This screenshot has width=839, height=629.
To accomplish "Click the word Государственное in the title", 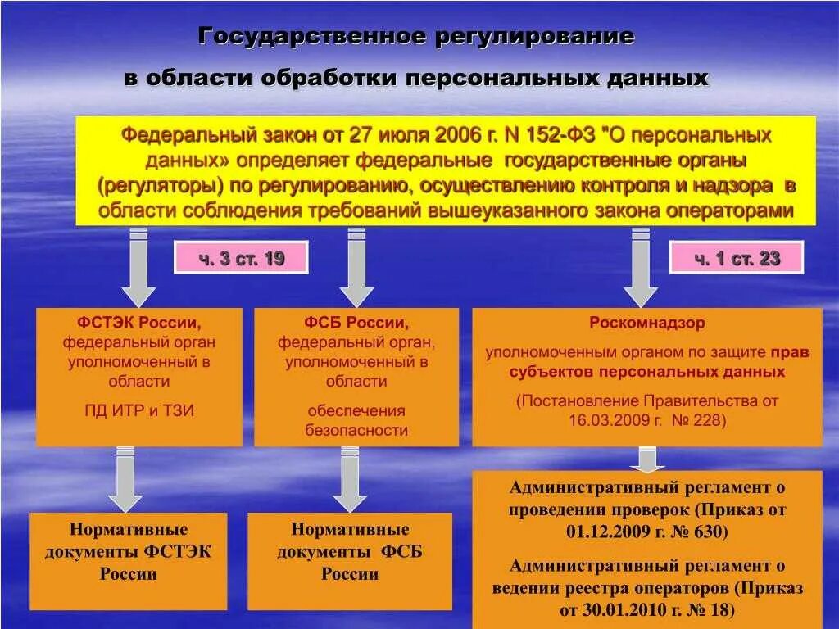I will pyautogui.click(x=311, y=37).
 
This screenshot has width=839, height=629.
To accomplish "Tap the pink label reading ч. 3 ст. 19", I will pyautogui.click(x=241, y=259).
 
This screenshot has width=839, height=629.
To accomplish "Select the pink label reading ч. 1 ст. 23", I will pyautogui.click(x=737, y=259).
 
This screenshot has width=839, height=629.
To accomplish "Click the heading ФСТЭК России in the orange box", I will pyautogui.click(x=139, y=323).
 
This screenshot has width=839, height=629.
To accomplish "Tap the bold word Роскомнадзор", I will pyautogui.click(x=646, y=323).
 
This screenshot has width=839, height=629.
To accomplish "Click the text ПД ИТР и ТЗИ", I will pyautogui.click(x=139, y=411).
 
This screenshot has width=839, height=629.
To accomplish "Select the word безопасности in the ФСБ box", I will pyautogui.click(x=356, y=431).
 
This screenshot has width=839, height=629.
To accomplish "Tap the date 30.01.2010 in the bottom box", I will pyautogui.click(x=620, y=610).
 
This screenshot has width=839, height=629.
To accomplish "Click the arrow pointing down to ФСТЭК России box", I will pyautogui.click(x=139, y=270).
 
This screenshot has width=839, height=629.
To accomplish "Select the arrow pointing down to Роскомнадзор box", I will pyautogui.click(x=640, y=270).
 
